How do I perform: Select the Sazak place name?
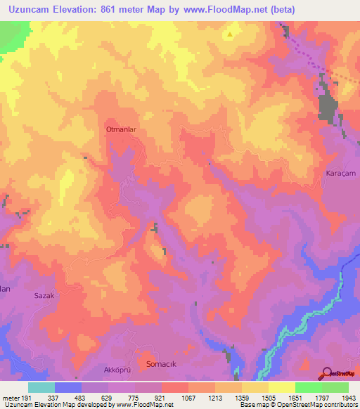pyautogui.click(x=44, y=296)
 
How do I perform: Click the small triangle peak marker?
pyautogui.click(x=230, y=33)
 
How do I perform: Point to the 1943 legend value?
pyautogui.click(x=347, y=398)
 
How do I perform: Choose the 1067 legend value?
pyautogui.click(x=187, y=398)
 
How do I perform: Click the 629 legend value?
pyautogui.click(x=108, y=398)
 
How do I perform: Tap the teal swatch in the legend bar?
pyautogui.click(x=41, y=387)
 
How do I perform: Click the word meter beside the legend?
pyautogui.click(x=11, y=398)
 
